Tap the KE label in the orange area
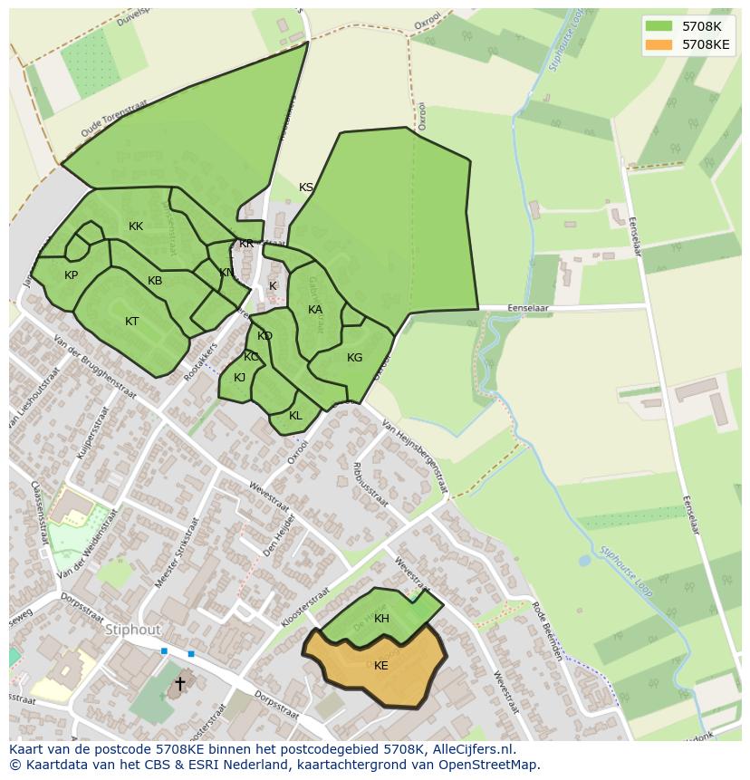(381, 666)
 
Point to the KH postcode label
(381, 619)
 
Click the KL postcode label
(295, 416)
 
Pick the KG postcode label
(354, 358)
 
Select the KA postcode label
(315, 310)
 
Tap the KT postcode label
(132, 322)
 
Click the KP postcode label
(72, 275)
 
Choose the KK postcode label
(136, 226)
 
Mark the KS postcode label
(306, 188)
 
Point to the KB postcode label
(155, 281)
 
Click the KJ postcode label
(240, 378)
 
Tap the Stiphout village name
(132, 630)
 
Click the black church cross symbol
(180, 683)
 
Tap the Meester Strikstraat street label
(177, 554)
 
